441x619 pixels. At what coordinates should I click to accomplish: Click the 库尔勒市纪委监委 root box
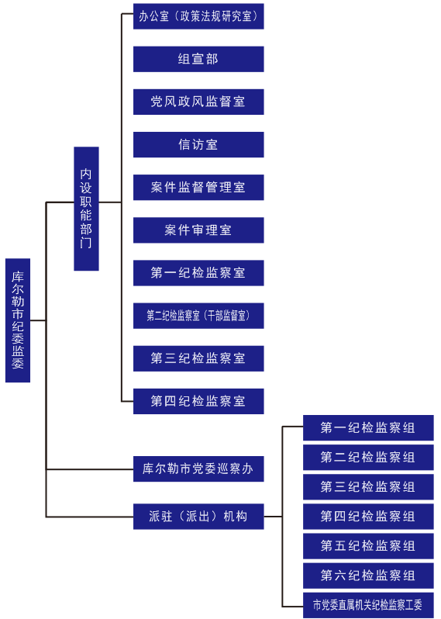tap(18, 320)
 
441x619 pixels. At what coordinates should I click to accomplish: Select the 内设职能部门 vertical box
tap(86, 209)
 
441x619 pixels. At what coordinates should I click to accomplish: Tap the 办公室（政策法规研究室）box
tap(198, 16)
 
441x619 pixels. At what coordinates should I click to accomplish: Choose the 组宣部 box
tap(198, 59)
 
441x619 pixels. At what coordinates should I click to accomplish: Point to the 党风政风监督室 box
tap(198, 102)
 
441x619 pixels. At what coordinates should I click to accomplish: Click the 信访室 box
tap(198, 144)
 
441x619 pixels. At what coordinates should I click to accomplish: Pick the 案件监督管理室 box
tap(198, 187)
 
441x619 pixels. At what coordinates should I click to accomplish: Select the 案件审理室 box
tap(198, 230)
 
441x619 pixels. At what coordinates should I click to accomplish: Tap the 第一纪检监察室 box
tap(198, 273)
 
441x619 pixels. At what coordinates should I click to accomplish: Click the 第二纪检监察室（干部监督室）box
tap(198, 316)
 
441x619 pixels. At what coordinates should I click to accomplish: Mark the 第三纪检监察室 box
tap(198, 358)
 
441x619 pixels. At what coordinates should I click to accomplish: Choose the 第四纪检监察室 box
tap(198, 401)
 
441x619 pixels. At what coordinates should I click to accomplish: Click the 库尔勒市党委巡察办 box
tap(198, 469)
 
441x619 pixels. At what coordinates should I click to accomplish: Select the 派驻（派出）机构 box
tap(198, 517)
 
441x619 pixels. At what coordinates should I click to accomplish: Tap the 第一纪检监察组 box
tap(368, 427)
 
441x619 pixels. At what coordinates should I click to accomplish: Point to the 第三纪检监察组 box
tap(368, 487)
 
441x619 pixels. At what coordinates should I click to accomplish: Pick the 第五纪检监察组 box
tap(368, 546)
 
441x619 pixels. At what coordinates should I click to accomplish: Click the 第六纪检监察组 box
tap(368, 576)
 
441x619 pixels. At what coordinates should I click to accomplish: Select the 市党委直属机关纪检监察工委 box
tap(368, 605)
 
